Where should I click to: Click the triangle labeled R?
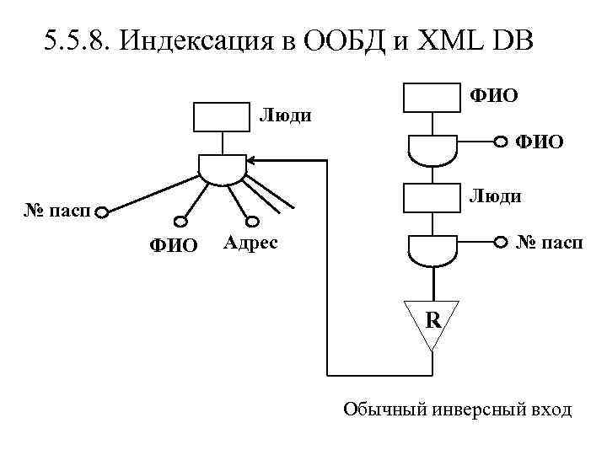432,321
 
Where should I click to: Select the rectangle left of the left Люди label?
222,117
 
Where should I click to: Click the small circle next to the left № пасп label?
101,211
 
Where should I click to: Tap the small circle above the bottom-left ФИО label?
179,222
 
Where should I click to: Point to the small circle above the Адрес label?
250,222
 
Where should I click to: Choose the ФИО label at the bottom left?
173,245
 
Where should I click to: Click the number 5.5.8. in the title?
77,40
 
